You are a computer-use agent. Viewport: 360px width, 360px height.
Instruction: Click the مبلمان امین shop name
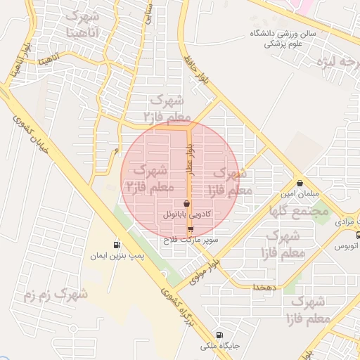click(300, 193)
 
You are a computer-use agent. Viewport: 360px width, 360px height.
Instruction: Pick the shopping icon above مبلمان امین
click(300, 182)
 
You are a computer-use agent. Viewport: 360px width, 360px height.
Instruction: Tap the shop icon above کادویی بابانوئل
click(186, 203)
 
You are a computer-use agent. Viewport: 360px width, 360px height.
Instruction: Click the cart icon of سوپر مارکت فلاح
click(191, 229)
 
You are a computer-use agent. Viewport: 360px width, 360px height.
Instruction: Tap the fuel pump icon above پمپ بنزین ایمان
click(116, 245)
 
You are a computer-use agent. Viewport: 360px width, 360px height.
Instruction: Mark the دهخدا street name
click(266, 287)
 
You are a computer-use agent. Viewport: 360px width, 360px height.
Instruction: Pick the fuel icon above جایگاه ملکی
click(221, 336)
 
